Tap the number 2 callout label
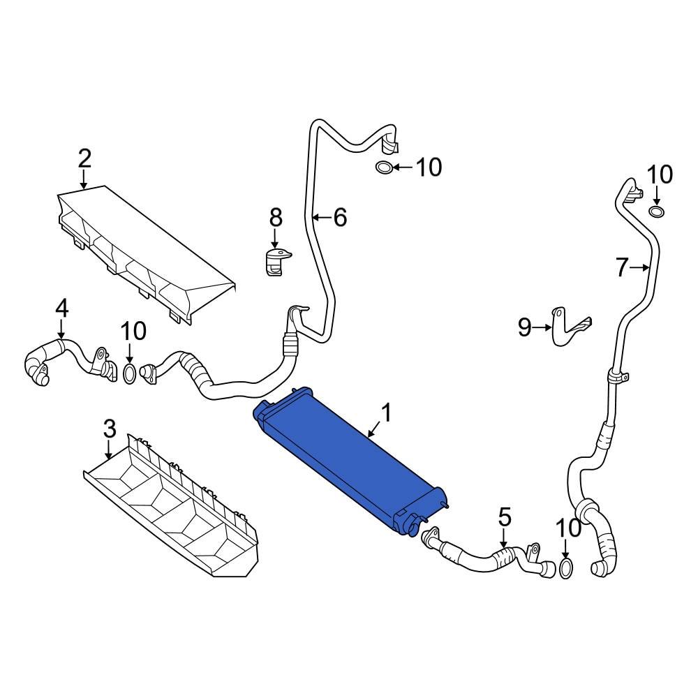coord(84,158)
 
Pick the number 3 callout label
coord(109,429)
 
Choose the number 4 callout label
coord(62,306)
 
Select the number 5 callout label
coord(505,517)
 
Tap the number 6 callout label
coord(340,218)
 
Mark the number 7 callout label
coord(623,267)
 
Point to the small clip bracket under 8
coord(277,262)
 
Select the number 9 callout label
coord(525,327)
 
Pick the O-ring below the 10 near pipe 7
coord(656,211)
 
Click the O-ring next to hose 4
coord(130,373)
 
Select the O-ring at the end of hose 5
coord(567,569)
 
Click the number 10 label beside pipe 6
coord(429,168)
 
